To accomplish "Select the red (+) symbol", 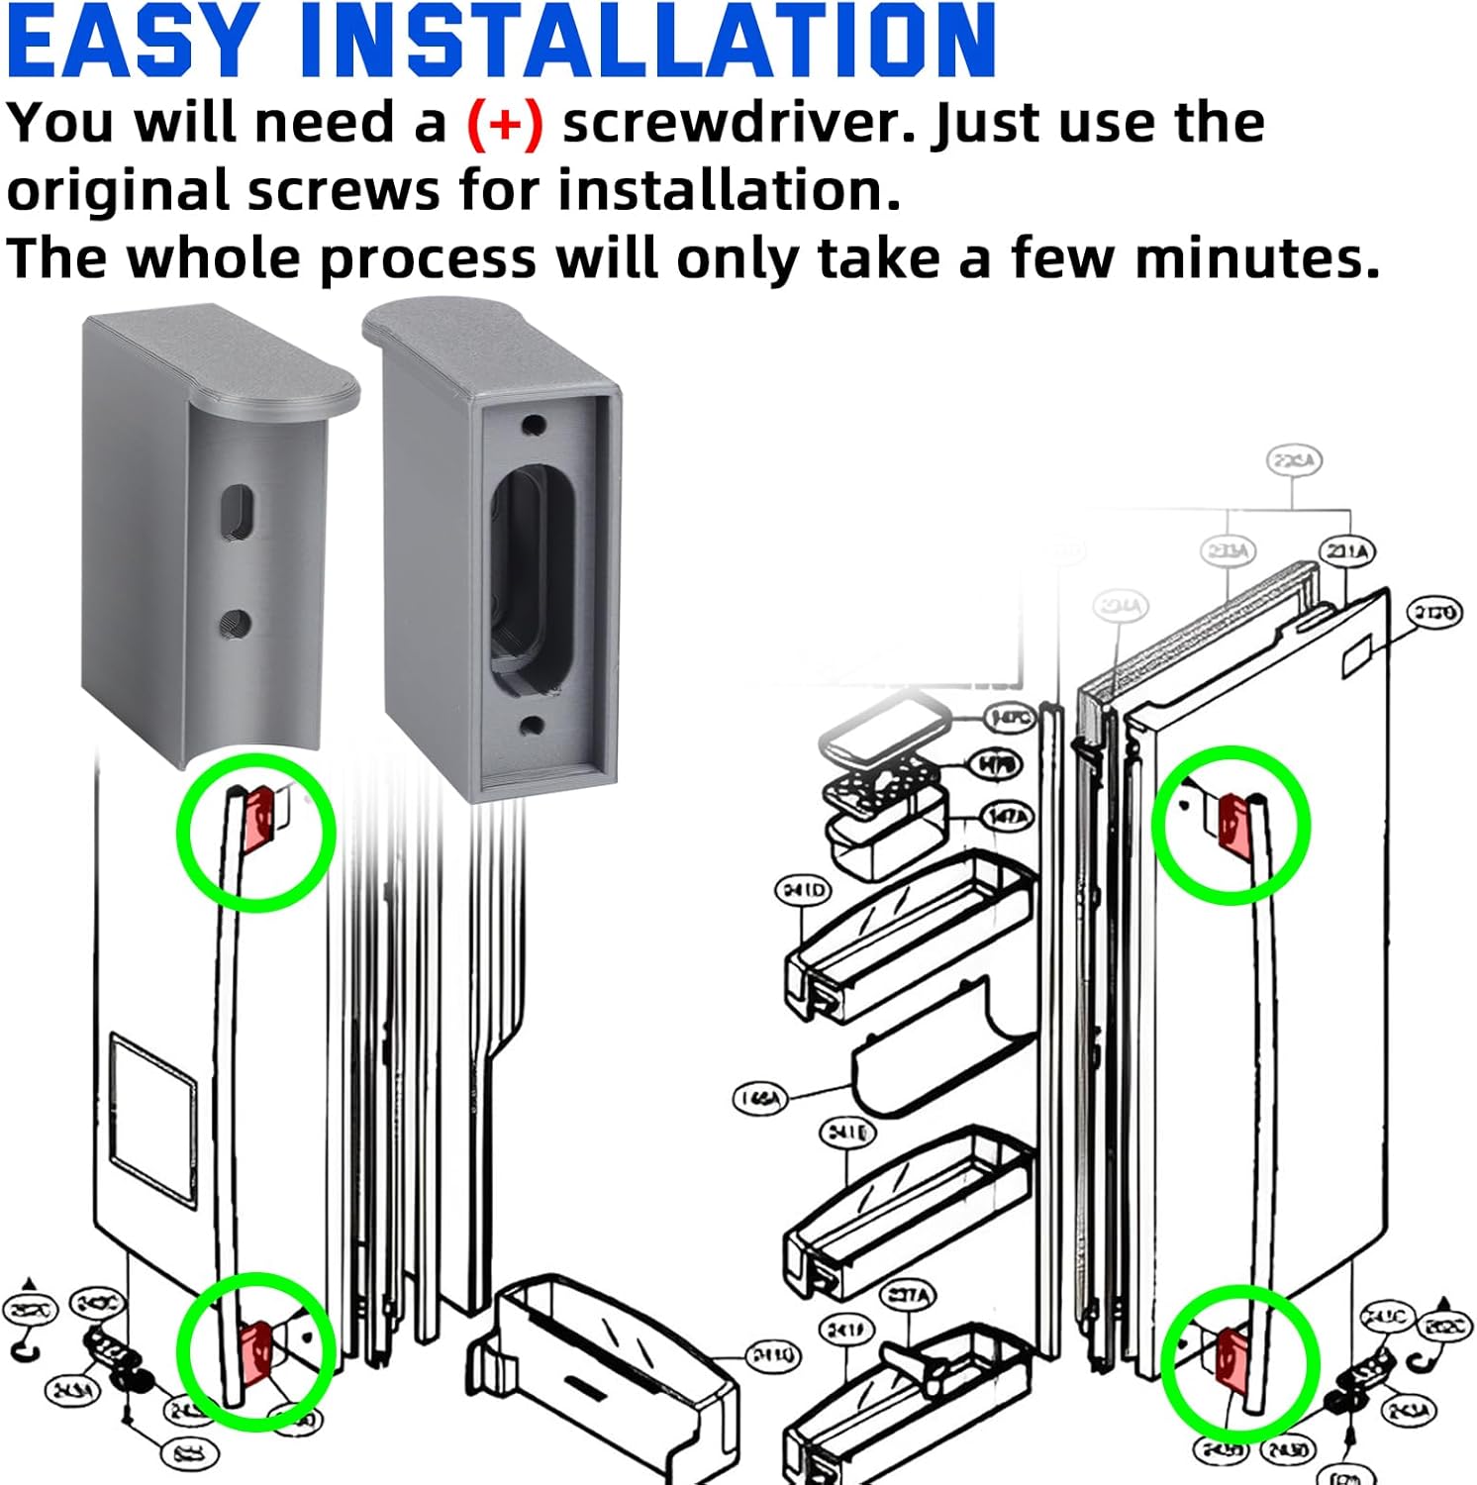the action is [505, 125].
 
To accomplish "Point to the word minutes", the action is [1256, 259].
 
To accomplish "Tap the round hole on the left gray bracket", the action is [236, 624].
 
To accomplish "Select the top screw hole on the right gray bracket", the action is [534, 427].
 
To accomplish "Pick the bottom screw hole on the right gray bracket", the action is [532, 726].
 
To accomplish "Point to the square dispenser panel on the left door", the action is [153, 1119].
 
